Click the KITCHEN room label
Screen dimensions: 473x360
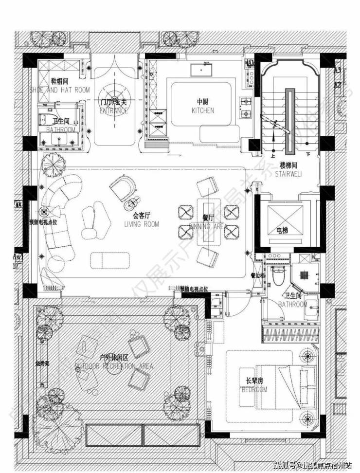click(x=202, y=110)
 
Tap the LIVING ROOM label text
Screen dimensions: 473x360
click(x=142, y=224)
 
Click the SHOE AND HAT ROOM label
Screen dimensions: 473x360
click(x=59, y=90)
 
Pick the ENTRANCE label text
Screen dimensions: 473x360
click(x=113, y=110)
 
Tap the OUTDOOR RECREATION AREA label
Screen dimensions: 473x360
click(x=114, y=366)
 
